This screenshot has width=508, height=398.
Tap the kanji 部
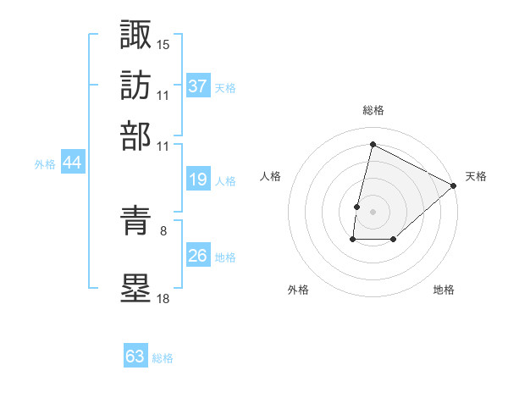[135, 135]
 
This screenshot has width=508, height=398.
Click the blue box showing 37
[198, 86]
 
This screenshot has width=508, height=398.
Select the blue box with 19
[198, 180]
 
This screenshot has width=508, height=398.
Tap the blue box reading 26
[198, 257]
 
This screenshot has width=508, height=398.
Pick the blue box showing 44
[72, 164]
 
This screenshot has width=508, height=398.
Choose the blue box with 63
[135, 357]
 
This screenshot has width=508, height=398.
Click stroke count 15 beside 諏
[163, 44]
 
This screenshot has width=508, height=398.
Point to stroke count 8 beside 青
[163, 229]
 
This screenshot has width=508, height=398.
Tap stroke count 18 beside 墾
[163, 299]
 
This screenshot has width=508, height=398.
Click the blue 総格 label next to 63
[163, 358]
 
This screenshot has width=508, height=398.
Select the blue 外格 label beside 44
[45, 165]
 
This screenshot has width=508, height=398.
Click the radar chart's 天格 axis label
[476, 176]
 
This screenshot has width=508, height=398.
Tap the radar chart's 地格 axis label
[444, 290]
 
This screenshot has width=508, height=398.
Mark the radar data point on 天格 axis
[454, 185]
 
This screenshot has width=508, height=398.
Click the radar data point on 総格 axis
[373, 145]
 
